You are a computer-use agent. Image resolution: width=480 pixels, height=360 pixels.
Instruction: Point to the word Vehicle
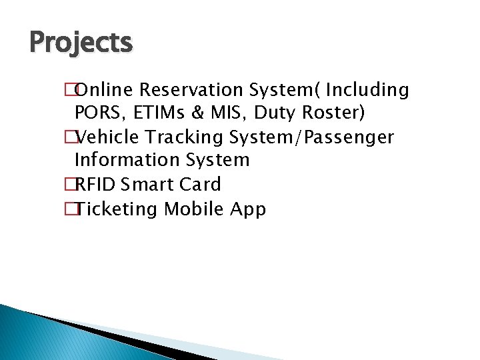pos(112,137)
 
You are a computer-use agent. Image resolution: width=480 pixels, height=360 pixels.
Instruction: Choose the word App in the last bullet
pos(248,209)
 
